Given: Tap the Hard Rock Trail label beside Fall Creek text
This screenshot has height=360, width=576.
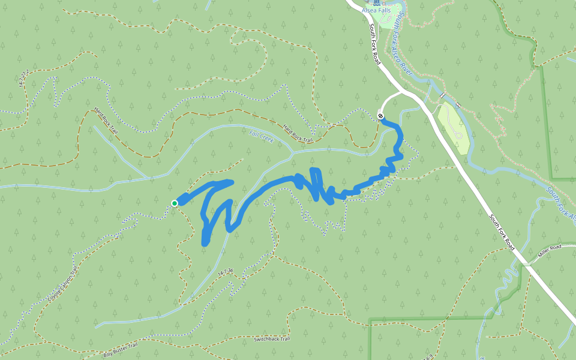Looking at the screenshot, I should (x=298, y=133).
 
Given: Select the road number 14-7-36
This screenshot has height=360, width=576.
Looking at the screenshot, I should (x=225, y=272).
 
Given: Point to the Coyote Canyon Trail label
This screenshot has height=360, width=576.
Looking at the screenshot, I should (x=62, y=286).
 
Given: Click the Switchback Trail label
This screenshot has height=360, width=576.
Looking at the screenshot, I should (x=272, y=340).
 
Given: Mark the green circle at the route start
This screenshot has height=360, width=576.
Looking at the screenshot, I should (x=175, y=203).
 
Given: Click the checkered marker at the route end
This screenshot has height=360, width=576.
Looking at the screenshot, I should (x=380, y=115).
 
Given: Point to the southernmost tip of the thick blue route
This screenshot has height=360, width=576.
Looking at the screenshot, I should (x=205, y=242).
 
